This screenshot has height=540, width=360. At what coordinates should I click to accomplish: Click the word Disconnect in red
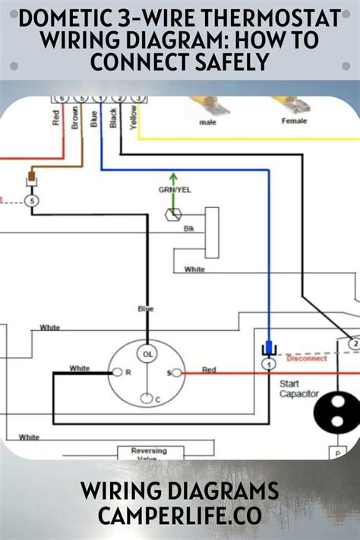307,358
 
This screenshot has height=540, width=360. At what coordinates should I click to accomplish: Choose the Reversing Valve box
149,453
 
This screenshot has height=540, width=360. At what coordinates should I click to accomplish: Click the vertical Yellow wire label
134,118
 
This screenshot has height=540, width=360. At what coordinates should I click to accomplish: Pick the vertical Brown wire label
74,119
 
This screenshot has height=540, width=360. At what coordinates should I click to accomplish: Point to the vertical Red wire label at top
55,119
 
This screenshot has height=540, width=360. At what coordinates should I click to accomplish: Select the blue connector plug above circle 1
268,349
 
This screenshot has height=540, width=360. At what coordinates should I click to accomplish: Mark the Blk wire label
188,228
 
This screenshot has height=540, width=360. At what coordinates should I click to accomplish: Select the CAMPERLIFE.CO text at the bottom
180,516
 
